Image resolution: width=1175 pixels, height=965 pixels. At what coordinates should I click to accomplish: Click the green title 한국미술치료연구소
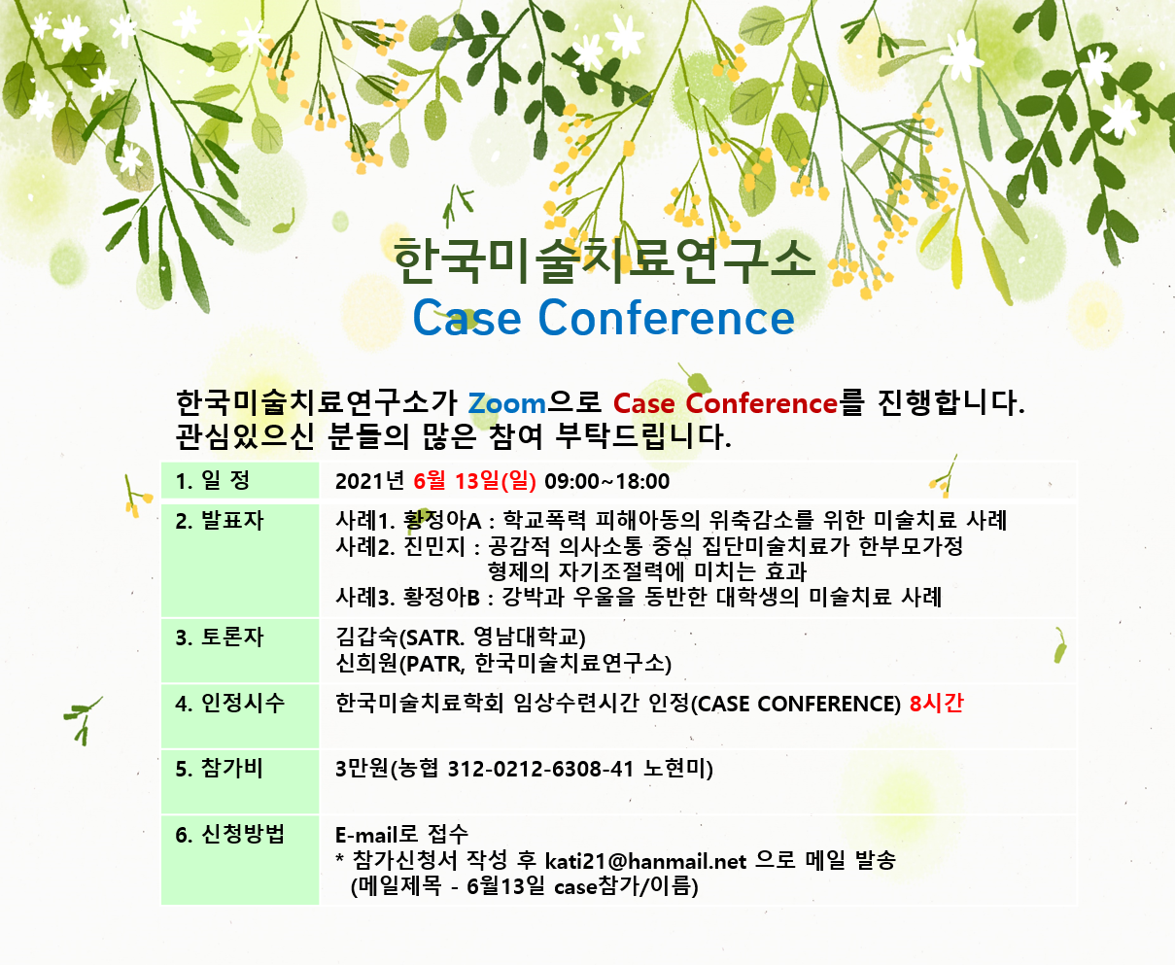[x=605, y=260]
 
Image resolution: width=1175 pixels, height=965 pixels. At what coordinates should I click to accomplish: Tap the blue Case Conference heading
[x=604, y=317]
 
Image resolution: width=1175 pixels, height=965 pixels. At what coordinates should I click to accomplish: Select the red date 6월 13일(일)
[x=474, y=481]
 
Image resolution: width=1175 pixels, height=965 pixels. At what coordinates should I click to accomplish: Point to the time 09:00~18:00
[x=606, y=481]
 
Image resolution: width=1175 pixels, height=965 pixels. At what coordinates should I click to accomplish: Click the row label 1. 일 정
[x=212, y=480]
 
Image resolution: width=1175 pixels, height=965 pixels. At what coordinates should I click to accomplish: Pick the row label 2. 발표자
[x=219, y=521]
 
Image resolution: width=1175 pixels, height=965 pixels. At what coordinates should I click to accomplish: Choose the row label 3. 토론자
[x=219, y=638]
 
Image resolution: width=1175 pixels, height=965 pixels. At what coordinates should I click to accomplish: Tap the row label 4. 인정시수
[x=229, y=704]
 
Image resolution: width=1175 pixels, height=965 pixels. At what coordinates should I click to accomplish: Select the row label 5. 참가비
[x=219, y=769]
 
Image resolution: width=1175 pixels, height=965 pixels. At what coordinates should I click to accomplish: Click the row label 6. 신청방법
[x=229, y=835]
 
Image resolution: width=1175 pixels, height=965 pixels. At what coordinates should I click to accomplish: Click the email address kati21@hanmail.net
[x=645, y=861]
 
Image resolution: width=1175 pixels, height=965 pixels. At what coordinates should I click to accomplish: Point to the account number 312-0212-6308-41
[x=540, y=769]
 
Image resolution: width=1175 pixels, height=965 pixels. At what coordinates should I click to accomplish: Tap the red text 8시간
[x=936, y=704]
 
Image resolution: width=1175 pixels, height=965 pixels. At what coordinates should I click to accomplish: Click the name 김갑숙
[x=367, y=637]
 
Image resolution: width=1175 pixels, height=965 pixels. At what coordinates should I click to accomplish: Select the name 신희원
[x=367, y=663]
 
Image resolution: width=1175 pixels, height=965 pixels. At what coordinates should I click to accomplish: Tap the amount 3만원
[x=361, y=769]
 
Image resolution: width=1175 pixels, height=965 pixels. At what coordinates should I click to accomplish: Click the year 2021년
[x=369, y=481]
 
